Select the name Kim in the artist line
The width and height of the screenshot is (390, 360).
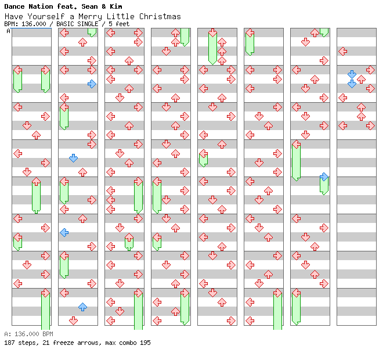115,6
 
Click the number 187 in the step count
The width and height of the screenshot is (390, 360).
9,343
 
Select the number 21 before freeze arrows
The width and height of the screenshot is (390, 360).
44,343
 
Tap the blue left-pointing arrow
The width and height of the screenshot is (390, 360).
64,232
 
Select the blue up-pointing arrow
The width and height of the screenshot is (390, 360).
82,307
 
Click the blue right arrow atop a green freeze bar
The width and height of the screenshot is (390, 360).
324,177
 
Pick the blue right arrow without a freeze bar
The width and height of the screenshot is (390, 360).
92,84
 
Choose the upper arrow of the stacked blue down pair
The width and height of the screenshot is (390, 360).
352,74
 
